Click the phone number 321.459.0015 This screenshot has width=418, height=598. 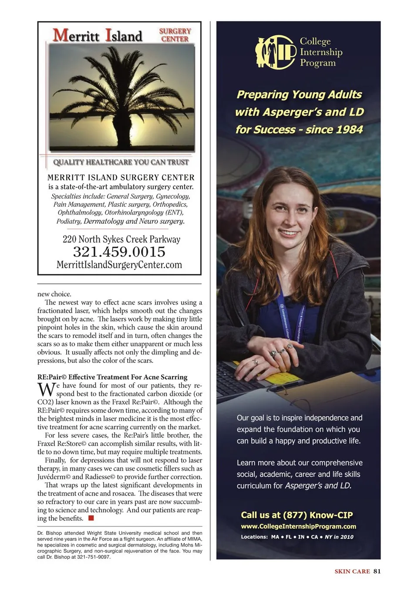119,252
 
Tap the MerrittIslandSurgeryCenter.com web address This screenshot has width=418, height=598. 119,265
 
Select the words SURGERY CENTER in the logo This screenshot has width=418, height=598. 175,35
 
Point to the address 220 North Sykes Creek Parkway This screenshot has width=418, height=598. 121,239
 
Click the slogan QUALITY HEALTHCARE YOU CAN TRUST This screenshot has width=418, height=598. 121,162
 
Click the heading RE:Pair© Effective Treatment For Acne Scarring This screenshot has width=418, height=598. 112,377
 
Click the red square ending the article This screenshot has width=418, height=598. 91,518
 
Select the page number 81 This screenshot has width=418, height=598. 377,571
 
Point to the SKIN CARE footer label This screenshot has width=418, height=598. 352,571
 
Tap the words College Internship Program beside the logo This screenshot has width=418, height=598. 321,52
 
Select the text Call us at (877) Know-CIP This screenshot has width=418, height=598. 297,515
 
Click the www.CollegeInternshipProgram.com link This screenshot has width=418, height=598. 298,526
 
